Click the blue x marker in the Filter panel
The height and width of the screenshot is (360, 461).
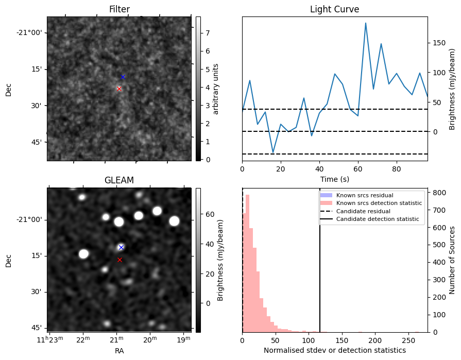coord(123,77)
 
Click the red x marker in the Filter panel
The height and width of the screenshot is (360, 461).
coord(119,89)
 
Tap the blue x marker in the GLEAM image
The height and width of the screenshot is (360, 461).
coord(121,248)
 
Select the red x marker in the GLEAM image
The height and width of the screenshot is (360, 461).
coord(119,260)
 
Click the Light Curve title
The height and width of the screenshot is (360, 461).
coord(334,9)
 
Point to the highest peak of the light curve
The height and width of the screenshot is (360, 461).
coord(366,23)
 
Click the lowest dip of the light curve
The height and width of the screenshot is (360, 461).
coord(273,152)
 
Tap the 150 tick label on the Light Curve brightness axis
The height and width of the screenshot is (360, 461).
coord(438,43)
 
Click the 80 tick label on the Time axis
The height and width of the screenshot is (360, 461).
coord(396,168)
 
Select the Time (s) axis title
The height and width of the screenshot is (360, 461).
coord(334,179)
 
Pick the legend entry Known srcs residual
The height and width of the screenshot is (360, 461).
coord(365,195)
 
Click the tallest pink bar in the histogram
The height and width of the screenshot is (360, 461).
coord(247,263)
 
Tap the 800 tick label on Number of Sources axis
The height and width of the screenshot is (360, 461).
coord(438,193)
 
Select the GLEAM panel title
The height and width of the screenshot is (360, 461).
coord(119,180)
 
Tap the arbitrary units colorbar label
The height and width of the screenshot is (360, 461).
coord(216,89)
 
